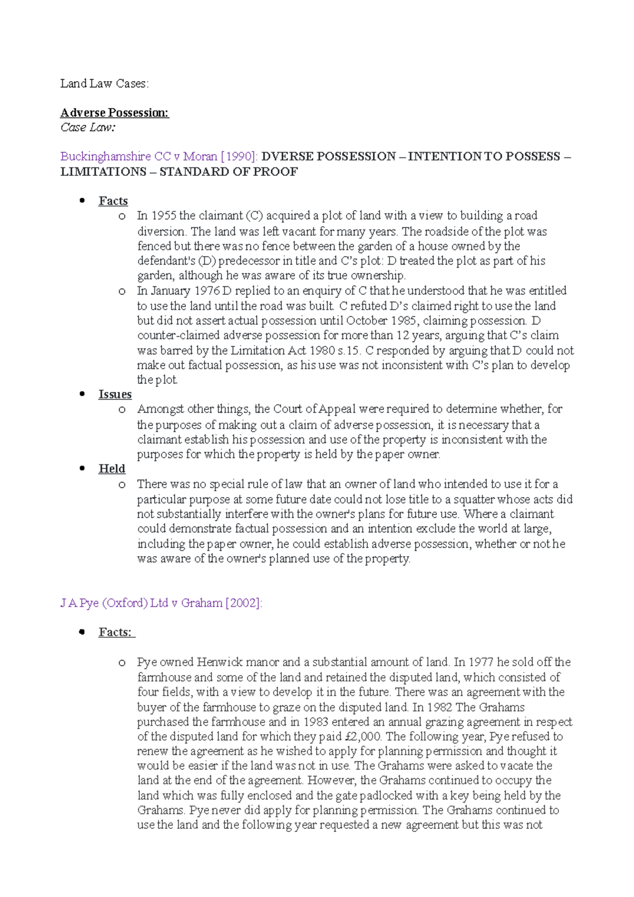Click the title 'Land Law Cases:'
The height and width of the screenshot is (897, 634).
104,83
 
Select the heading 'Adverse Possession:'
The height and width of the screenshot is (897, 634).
115,113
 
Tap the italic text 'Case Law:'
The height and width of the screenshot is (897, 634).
88,127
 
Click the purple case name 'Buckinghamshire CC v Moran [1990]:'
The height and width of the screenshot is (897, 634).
159,156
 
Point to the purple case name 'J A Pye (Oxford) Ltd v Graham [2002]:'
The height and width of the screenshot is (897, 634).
161,603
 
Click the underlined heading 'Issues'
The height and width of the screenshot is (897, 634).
115,394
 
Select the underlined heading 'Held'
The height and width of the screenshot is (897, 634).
111,469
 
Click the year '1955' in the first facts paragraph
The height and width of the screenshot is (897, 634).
164,216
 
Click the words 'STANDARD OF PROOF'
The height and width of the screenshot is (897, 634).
229,172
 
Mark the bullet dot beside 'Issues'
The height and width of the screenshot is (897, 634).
82,394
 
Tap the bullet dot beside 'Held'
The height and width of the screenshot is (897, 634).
82,468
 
